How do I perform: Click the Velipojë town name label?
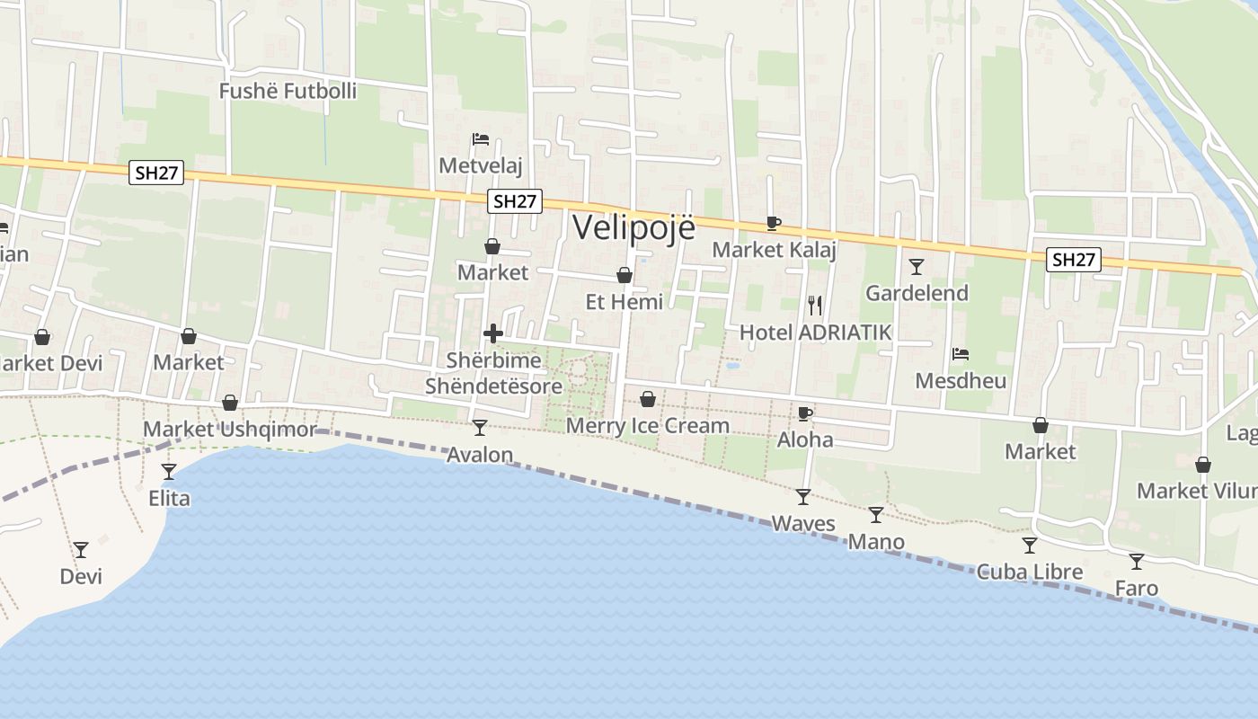pos(633,226)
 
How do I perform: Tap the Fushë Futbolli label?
pos(288,91)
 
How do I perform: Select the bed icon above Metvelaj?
pos(481,139)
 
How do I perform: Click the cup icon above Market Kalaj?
pos(773,223)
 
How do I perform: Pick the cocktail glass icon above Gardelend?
pos(916,266)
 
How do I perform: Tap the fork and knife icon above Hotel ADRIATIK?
pos(815,306)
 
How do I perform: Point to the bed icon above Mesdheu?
pos(961,354)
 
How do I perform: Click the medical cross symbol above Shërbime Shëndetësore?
pos(493,333)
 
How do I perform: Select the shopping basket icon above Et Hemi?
pos(625,275)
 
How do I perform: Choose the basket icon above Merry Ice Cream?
pos(648,399)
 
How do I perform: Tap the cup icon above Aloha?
pos(805,413)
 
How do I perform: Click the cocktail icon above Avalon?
pos(480,427)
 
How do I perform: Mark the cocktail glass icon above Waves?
pos(802,496)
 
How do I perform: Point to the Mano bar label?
pos(876,542)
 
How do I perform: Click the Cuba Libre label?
pos(1030,572)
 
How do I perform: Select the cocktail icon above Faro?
pos(1137,562)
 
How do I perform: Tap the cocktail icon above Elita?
pos(169,471)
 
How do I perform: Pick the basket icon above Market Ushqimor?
pos(230,403)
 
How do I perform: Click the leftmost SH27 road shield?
pos(156,173)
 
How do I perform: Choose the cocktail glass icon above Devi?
pos(81,549)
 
